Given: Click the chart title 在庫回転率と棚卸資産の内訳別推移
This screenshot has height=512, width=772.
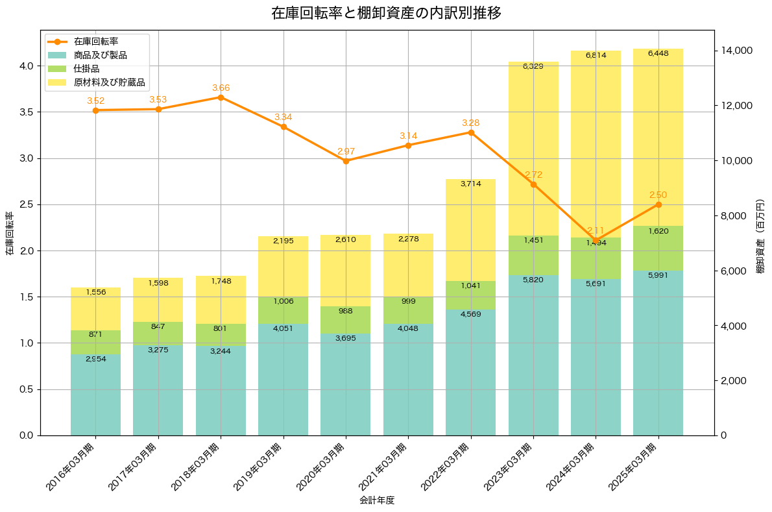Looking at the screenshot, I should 386,13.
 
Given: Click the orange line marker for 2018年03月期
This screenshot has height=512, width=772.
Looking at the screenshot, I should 221,97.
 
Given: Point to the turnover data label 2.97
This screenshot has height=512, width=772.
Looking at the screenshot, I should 346,152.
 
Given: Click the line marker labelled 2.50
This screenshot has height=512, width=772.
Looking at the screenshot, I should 658,204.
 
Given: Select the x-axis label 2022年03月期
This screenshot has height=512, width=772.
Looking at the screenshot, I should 448,468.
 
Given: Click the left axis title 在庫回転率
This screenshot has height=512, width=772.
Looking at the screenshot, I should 9,234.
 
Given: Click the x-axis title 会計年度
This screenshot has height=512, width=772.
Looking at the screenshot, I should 377,501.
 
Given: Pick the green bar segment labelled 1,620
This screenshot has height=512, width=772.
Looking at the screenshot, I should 658,248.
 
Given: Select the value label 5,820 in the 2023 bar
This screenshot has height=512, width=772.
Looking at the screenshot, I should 533,279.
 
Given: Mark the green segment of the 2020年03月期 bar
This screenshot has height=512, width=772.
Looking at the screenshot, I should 346,320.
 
